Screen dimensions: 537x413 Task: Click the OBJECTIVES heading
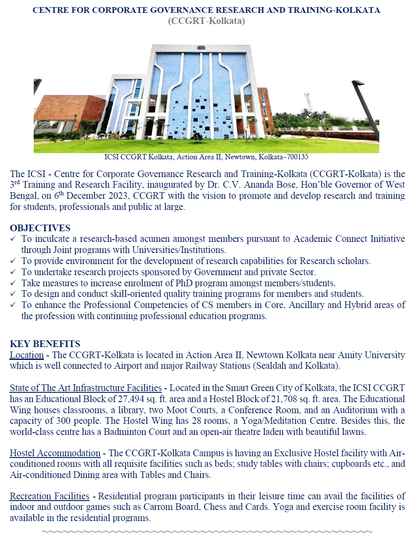pyautogui.click(x=40, y=228)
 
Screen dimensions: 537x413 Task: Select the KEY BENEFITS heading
pyautogui.click(x=45, y=344)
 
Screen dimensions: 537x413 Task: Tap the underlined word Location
pyautogui.click(x=27, y=355)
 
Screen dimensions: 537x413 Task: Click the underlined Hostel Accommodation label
pyautogui.click(x=55, y=453)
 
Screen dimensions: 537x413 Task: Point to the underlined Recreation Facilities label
pyautogui.click(x=50, y=496)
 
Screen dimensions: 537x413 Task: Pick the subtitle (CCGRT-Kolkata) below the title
pyautogui.click(x=206, y=20)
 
